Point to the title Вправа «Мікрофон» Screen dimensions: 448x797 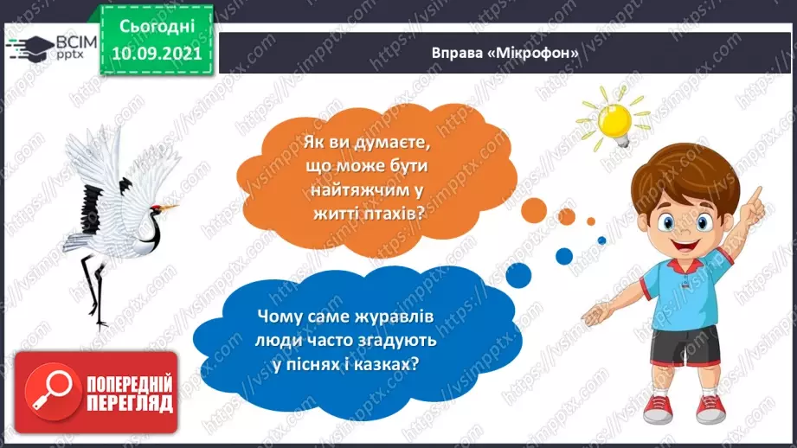pyautogui.click(x=505, y=51)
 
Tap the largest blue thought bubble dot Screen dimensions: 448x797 pyautogui.click(x=563, y=255)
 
